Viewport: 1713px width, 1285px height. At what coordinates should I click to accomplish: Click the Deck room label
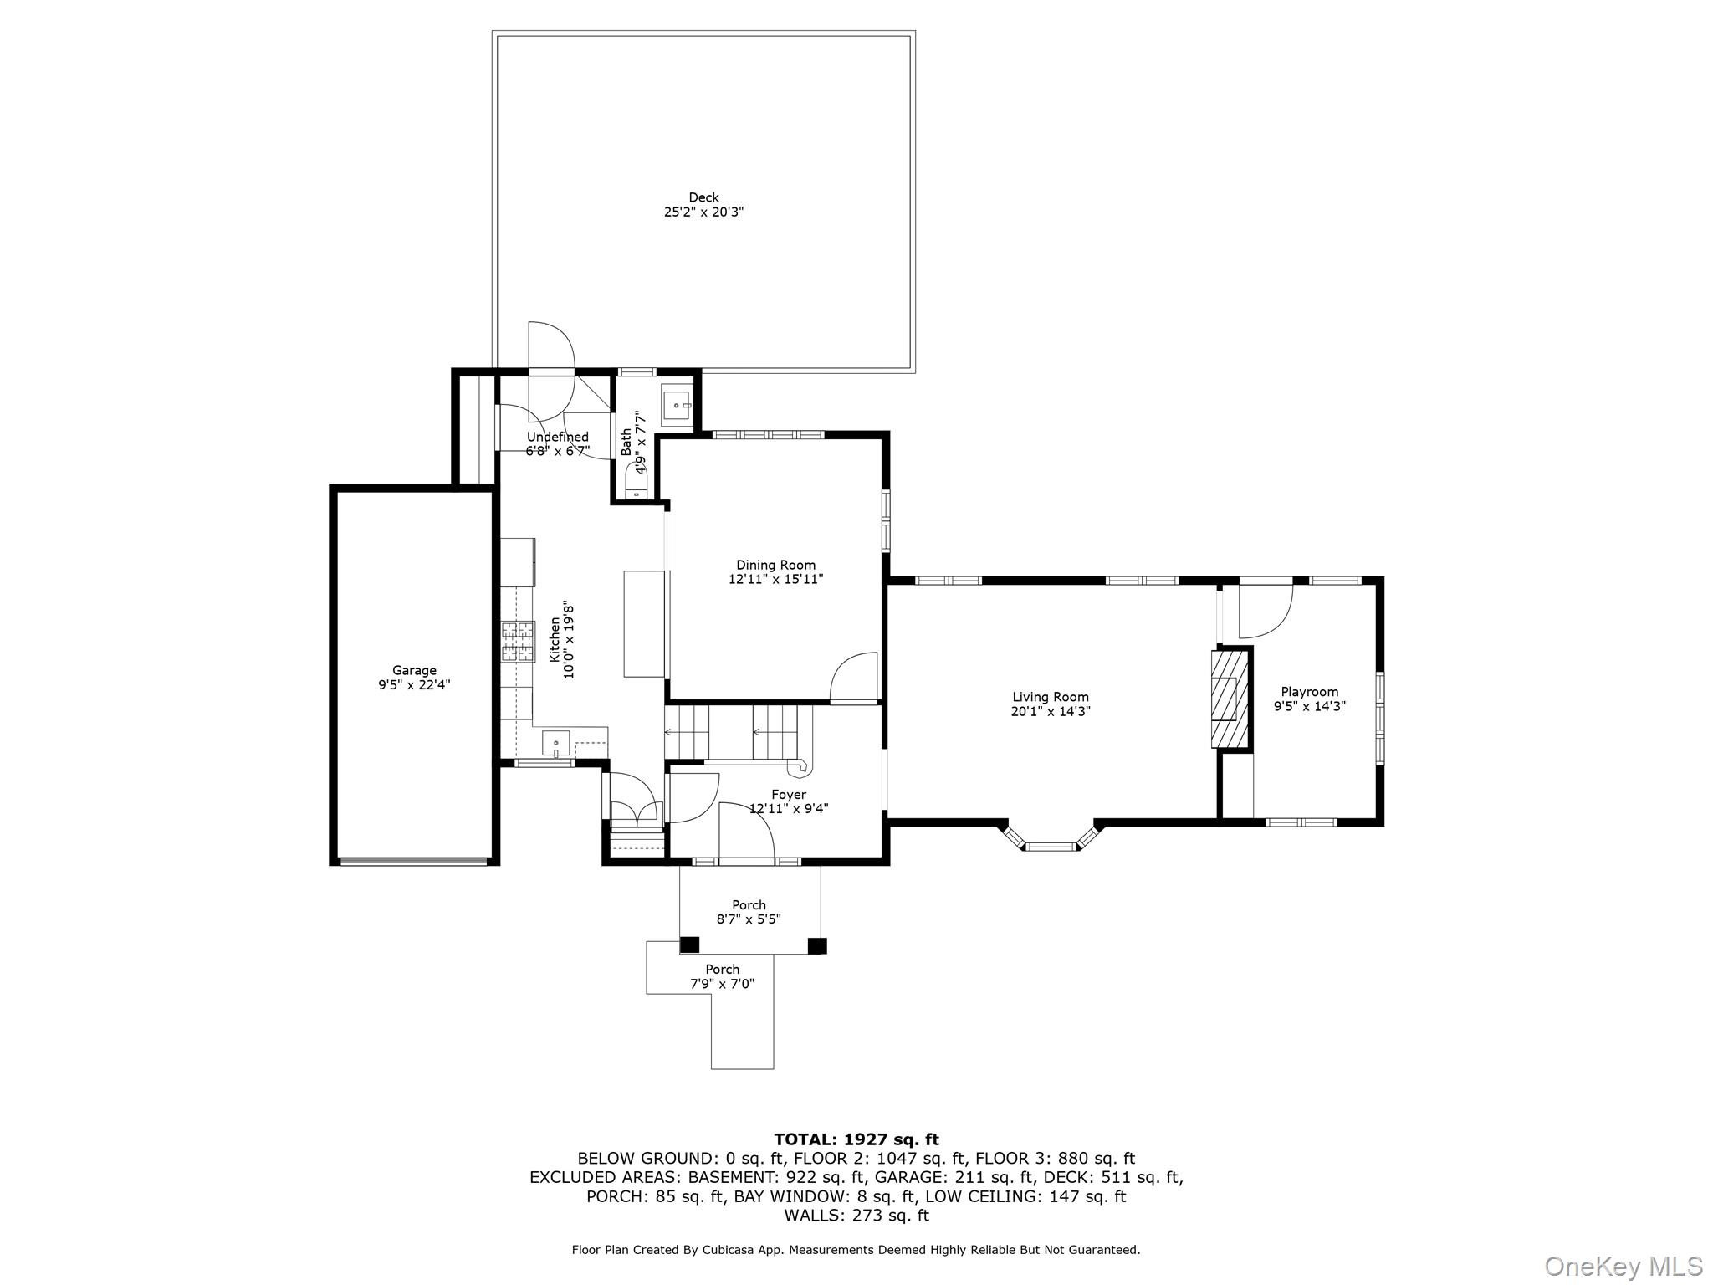pos(703,197)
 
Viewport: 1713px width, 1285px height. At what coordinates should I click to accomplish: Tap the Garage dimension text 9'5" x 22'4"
pos(414,684)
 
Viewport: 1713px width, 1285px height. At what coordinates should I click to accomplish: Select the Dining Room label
pos(775,565)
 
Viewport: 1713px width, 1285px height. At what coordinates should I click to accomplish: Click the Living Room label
pos(1051,697)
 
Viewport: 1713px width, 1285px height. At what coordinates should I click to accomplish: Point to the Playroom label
pos(1309,692)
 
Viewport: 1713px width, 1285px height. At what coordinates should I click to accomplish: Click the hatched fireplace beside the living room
pos(1229,699)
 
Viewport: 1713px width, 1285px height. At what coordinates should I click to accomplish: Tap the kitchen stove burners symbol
pos(518,642)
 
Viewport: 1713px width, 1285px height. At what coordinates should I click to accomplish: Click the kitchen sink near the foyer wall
pos(555,743)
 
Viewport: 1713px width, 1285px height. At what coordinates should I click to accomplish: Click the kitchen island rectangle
pos(644,623)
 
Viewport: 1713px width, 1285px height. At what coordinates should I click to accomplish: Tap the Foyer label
pos(789,795)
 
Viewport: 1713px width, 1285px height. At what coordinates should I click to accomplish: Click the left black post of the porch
pos(689,945)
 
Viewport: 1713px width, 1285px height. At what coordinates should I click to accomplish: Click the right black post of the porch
pos(817,945)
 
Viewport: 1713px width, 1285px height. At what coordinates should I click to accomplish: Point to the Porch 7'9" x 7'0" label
pos(722,976)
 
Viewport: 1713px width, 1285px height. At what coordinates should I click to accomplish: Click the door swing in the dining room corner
pos(853,678)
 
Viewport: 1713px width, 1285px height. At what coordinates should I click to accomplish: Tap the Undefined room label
pos(557,437)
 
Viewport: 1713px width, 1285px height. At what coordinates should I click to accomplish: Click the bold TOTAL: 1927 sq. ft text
pos(856,1139)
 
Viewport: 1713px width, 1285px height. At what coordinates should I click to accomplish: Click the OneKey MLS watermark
pos(1623,1266)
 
